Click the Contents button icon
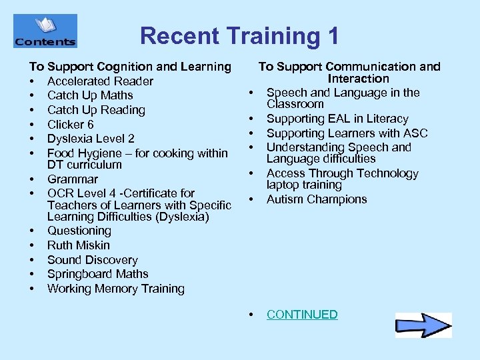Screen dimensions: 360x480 click(45, 31)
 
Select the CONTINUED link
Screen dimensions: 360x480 click(302, 315)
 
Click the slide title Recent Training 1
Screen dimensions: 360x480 click(239, 35)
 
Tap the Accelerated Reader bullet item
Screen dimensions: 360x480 click(100, 81)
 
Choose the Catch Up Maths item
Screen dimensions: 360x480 click(90, 95)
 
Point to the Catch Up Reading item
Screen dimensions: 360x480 click(96, 110)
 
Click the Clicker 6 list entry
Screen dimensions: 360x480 click(70, 125)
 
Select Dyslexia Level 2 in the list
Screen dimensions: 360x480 click(91, 139)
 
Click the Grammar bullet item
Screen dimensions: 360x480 click(72, 179)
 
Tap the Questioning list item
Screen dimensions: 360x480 click(79, 231)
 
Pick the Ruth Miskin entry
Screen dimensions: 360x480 click(78, 245)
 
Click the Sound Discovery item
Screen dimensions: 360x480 click(92, 260)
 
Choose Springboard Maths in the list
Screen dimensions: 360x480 click(97, 274)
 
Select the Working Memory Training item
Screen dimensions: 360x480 click(115, 289)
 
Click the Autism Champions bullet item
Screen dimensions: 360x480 click(317, 199)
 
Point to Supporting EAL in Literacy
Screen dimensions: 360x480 click(337, 119)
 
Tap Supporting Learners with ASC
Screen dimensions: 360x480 click(347, 133)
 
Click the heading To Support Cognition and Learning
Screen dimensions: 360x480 click(129, 67)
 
